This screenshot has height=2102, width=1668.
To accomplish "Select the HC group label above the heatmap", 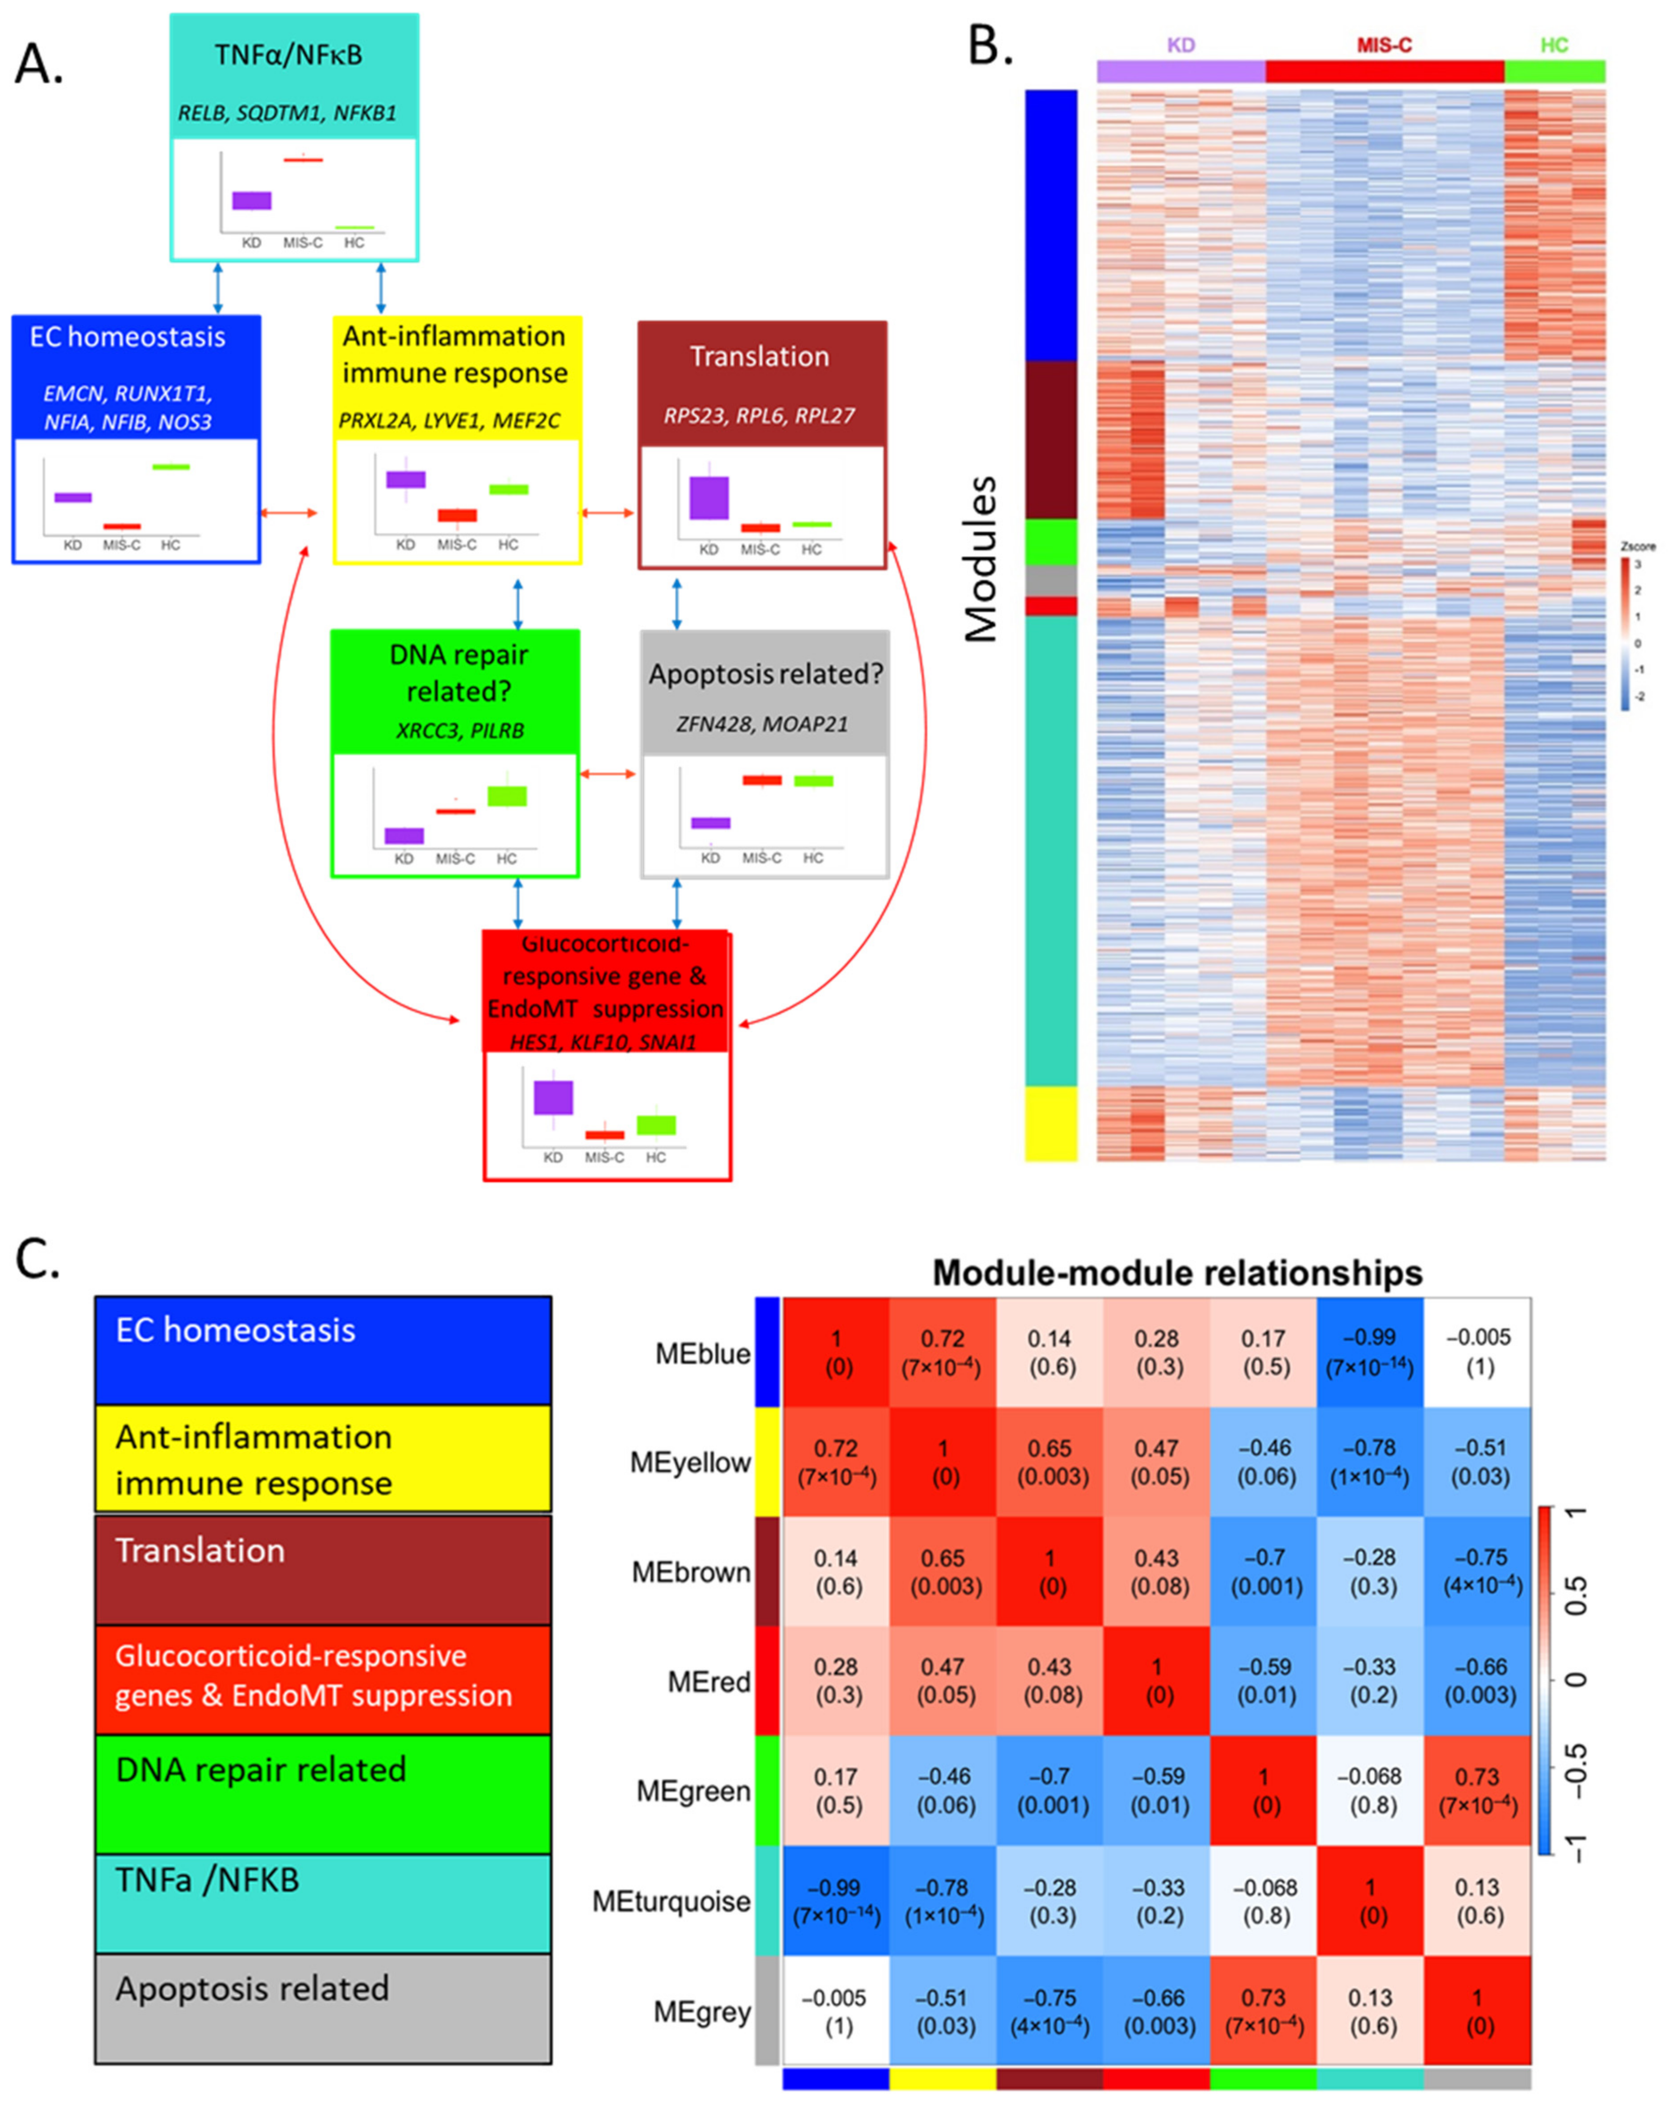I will tap(1554, 45).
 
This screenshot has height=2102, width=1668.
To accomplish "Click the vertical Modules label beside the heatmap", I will tap(982, 559).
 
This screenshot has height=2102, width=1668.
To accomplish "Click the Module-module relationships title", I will tap(1177, 1272).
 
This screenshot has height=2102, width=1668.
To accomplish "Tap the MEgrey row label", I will tap(702, 2011).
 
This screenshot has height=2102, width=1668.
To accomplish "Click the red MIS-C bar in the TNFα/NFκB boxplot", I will tap(303, 159).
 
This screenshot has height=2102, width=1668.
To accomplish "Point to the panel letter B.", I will tap(989, 45).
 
